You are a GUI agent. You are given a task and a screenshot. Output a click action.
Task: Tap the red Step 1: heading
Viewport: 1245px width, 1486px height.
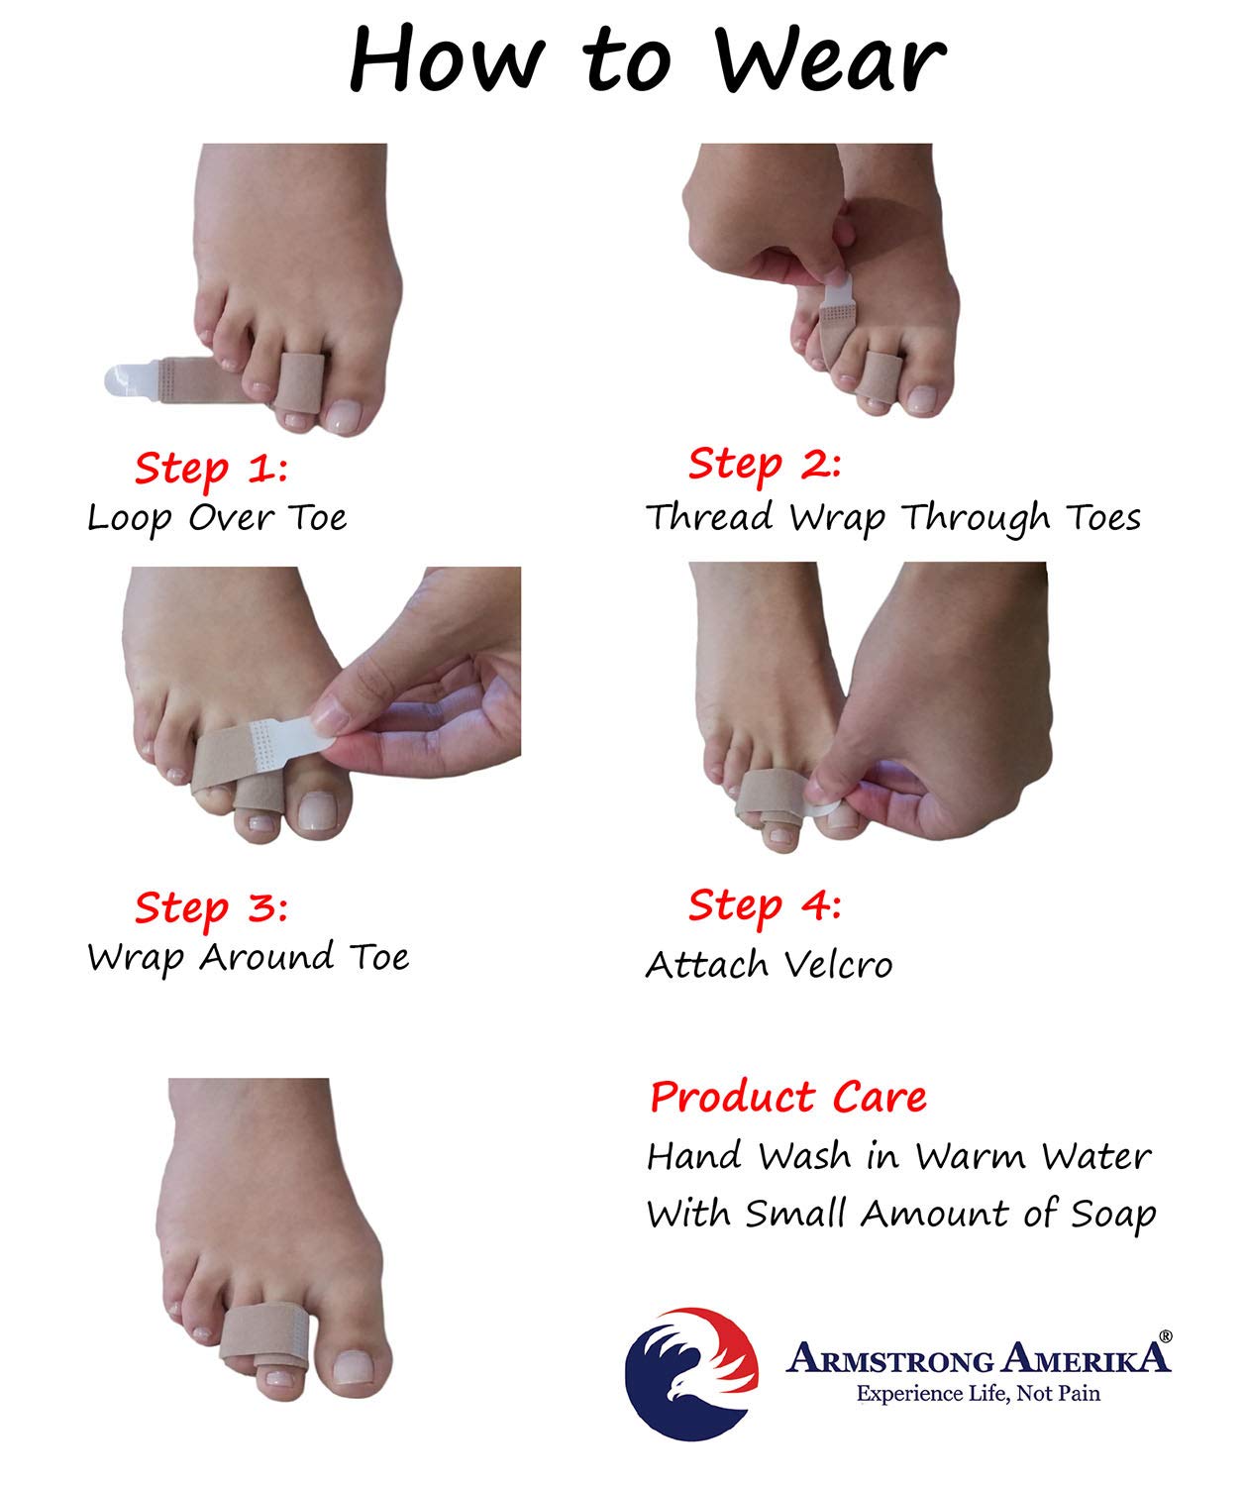coord(211,470)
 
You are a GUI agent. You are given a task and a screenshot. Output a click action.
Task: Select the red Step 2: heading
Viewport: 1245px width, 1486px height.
coord(765,465)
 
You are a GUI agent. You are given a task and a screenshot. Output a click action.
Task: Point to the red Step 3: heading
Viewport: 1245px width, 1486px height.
coord(211,908)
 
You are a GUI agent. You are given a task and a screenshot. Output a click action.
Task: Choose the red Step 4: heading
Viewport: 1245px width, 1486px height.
coord(765,906)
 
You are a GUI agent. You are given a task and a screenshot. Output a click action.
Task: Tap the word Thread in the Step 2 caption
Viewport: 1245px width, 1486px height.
coord(709,517)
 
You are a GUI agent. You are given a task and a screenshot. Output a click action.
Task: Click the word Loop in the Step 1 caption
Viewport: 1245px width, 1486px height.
coord(130,518)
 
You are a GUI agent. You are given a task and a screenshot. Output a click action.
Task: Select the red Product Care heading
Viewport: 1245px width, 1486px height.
coord(788,1097)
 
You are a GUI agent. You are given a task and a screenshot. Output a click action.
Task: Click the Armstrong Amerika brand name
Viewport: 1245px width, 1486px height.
coord(978,1357)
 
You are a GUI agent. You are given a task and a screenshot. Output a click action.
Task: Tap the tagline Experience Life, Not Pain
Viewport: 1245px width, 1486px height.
coord(979,1394)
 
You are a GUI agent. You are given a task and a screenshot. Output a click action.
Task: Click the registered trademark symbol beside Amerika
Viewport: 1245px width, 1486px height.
coord(1166,1336)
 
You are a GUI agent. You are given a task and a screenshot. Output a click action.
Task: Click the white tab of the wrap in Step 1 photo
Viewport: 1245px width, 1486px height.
coord(131,380)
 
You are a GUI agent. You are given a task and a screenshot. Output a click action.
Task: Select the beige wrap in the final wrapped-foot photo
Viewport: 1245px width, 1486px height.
coord(263,1333)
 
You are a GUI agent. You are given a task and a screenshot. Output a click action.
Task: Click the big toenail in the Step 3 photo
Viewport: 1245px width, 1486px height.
coord(318,811)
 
